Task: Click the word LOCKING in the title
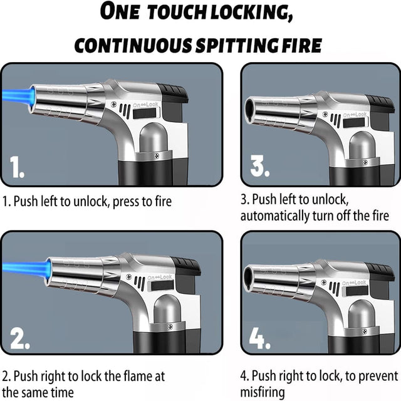(x=252, y=13)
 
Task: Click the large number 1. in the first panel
(x=17, y=167)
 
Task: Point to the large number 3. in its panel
(x=260, y=166)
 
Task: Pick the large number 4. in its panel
(x=260, y=338)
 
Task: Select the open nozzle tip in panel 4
(x=248, y=279)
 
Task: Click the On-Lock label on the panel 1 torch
(x=145, y=105)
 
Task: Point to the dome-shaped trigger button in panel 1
(x=154, y=138)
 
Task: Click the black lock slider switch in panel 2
(x=162, y=286)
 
